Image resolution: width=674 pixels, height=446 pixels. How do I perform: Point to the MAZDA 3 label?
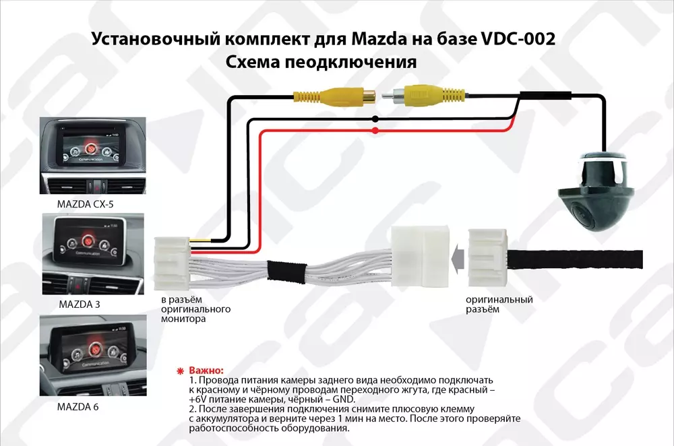coord(80,304)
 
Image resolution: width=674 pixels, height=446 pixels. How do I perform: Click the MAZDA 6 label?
coord(80,407)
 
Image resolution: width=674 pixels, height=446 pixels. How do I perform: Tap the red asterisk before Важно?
coord(179,371)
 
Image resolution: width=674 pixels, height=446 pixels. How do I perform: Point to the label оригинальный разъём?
coord(499,305)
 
